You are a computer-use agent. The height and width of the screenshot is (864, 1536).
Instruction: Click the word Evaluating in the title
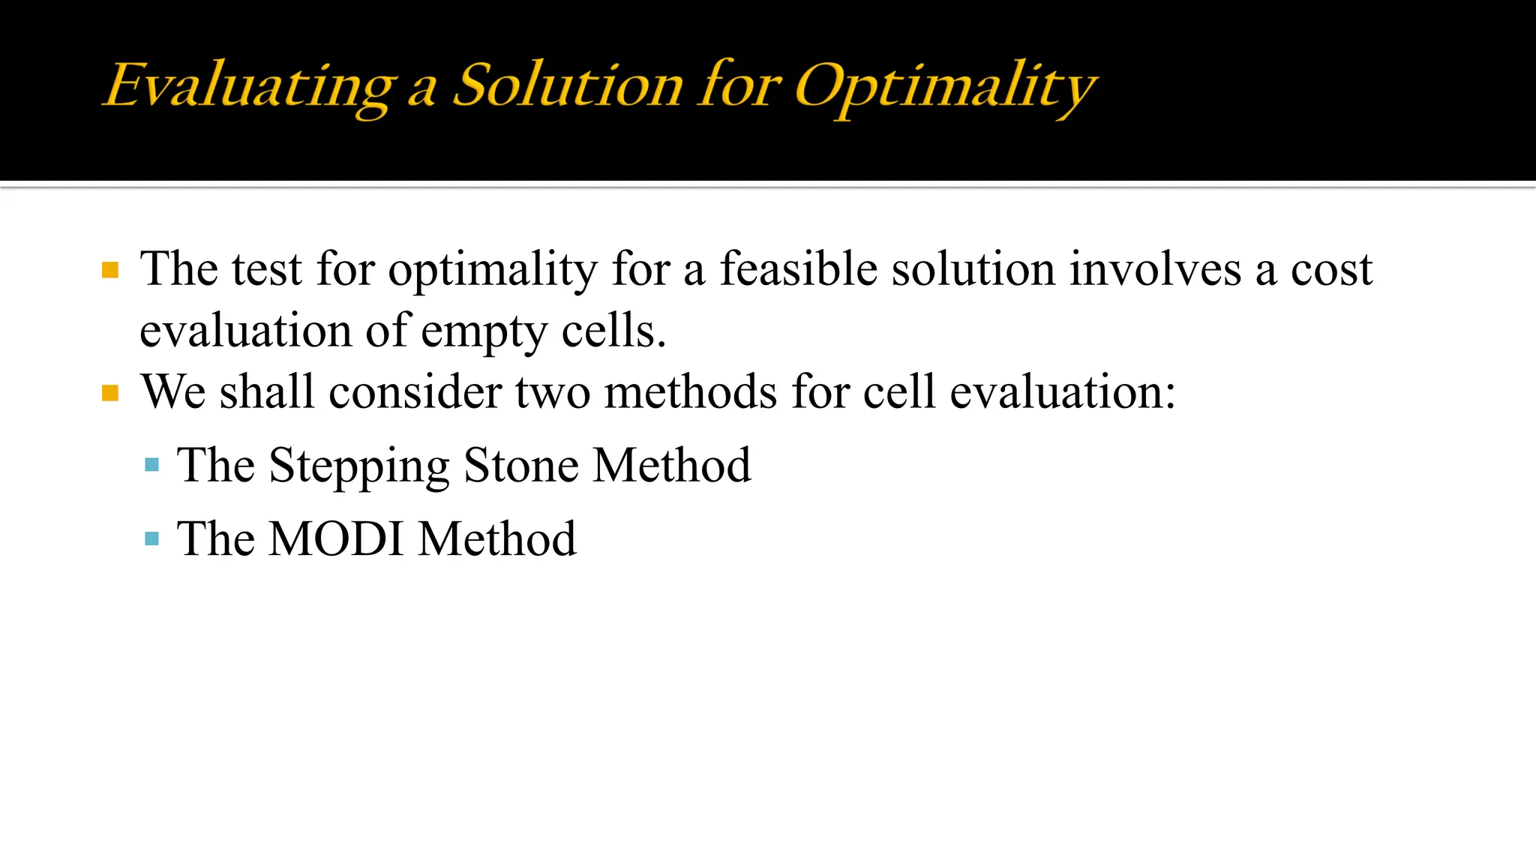248,86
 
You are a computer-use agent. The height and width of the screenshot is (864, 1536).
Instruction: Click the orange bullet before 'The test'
110,270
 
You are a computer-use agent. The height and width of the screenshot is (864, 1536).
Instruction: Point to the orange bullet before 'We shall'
110,393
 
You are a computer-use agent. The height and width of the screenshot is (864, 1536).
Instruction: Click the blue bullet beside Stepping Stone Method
152,465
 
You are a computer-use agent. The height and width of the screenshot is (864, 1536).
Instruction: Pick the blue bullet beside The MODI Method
152,538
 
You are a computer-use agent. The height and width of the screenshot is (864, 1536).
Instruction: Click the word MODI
336,538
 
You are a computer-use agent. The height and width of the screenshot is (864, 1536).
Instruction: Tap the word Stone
521,465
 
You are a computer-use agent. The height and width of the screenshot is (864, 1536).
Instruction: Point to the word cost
1331,270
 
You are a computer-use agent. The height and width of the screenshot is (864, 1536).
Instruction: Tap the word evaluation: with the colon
1063,391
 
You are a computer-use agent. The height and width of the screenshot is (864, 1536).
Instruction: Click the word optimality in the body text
492,270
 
